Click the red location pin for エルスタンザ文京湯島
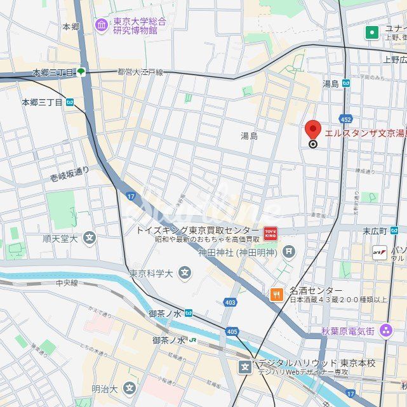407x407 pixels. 312,130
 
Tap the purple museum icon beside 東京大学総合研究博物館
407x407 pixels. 102,25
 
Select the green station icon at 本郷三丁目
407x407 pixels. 81,72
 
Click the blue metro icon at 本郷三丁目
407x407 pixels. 69,102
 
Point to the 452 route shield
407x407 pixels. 345,119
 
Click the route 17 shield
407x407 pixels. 130,197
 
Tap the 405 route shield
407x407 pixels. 232,331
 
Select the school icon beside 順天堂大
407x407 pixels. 90,239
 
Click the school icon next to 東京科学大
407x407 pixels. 184,274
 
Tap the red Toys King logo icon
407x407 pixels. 270,233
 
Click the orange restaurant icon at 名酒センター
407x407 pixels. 276,293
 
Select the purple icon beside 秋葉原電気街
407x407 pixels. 386,330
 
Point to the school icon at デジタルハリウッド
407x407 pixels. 245,366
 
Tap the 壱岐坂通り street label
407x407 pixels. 70,175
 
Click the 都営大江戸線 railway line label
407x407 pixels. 140,72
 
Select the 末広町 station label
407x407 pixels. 375,230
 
